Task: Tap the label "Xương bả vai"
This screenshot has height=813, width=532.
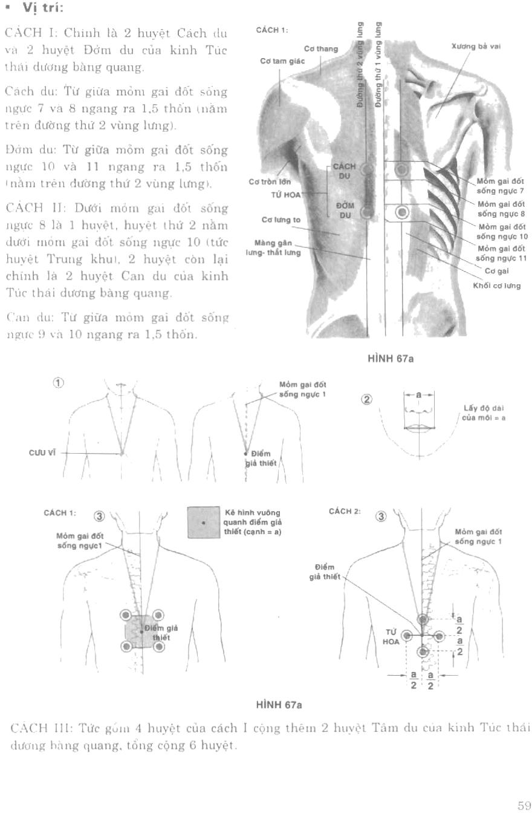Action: (476, 46)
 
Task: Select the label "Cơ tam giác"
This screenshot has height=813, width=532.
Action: (282, 61)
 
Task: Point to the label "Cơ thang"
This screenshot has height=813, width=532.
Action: (321, 49)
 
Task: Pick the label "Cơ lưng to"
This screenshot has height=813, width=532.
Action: (281, 220)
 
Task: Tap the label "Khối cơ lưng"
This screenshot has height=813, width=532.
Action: (496, 286)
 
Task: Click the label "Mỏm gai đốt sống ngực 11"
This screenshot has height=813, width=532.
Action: (502, 253)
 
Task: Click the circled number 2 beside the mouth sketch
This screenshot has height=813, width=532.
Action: (367, 399)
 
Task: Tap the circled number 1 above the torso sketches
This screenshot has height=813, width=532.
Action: (59, 383)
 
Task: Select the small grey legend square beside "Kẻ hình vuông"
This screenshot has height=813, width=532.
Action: (203, 522)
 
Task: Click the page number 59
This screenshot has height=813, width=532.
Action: (524, 805)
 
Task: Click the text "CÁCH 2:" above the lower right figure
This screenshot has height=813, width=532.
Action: (344, 511)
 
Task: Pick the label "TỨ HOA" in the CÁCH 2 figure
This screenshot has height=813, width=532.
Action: (391, 636)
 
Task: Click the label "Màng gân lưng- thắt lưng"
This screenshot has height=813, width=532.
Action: (273, 248)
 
